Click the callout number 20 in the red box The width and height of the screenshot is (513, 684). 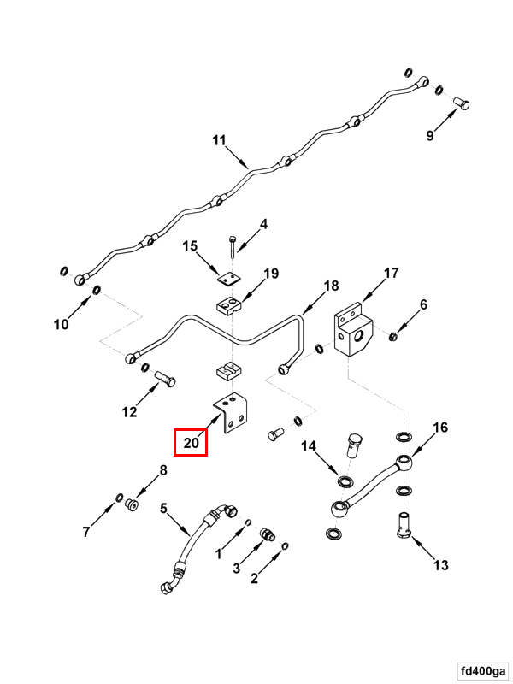click(191, 443)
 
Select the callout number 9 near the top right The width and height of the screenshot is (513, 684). click(430, 135)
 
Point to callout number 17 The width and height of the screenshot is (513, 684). click(391, 274)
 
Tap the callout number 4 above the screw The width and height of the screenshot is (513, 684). click(263, 224)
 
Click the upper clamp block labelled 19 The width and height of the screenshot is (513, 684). click(229, 304)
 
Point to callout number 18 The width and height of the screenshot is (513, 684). click(331, 286)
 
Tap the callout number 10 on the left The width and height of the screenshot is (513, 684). click(62, 324)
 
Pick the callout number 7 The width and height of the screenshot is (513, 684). click(86, 533)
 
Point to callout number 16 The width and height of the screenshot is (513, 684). click(440, 427)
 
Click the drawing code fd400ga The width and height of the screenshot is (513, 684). click(481, 669)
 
